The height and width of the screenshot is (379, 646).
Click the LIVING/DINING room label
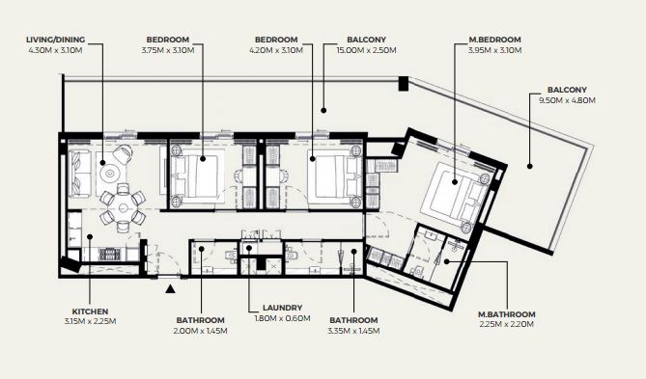tap(56, 40)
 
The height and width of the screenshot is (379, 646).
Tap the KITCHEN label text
tap(90, 311)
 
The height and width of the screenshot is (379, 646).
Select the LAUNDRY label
tap(282, 308)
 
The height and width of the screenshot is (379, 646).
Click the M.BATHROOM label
tap(506, 314)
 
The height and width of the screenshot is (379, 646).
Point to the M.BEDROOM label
tap(494, 40)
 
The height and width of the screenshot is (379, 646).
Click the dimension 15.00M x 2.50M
tap(366, 50)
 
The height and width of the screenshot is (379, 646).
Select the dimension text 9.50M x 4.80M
tap(567, 100)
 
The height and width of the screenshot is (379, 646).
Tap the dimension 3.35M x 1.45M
tap(353, 331)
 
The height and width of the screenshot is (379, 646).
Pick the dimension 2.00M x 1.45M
tap(201, 331)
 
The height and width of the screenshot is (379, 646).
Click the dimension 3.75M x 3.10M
tap(168, 50)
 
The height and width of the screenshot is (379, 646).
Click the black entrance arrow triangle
tap(170, 289)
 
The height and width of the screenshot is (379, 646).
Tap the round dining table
tap(123, 208)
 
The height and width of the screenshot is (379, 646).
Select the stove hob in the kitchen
tap(110, 255)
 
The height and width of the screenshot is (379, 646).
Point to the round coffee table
tap(109, 174)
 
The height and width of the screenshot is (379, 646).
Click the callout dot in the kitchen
tap(90, 236)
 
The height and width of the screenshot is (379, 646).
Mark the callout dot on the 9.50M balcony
tap(530, 166)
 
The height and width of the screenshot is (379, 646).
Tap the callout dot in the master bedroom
tap(455, 182)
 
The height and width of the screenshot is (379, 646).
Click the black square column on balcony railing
tap(403, 84)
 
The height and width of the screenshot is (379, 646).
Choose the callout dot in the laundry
tap(249, 248)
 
